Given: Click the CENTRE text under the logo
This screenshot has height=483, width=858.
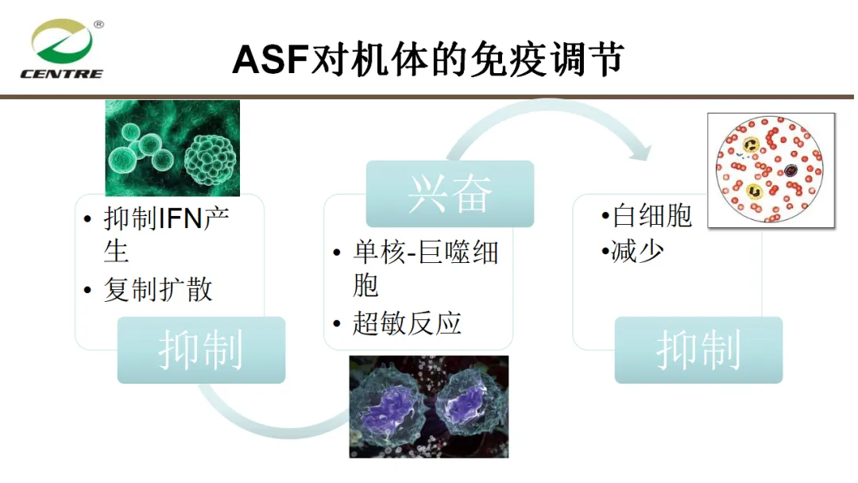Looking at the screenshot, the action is coord(61,74).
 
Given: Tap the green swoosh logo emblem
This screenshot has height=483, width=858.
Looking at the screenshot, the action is coord(61,41).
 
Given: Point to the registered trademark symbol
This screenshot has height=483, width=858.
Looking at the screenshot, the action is coord(99,24).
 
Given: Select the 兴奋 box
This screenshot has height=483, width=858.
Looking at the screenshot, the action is coord(450,194).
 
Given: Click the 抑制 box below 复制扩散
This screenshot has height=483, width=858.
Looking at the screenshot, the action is coord(201,350).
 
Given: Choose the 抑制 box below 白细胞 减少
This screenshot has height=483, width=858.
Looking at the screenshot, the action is coord(699,350).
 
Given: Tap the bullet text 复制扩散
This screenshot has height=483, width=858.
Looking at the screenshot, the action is coord(158,289).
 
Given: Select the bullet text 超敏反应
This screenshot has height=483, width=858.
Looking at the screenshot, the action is coord(407,323).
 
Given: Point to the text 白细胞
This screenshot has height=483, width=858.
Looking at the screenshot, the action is coord(652,215).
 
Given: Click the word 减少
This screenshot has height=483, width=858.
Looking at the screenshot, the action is coord(637,252).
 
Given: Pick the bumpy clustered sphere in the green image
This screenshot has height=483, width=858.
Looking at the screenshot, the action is coord(211,162).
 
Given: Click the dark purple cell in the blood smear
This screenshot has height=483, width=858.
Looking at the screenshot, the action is coord(790,171).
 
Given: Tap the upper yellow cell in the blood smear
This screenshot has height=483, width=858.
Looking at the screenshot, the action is coord(752,145).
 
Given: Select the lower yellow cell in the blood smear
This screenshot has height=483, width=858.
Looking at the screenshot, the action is coord(756,191).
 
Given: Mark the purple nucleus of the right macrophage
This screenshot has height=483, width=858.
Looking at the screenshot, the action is coord(467,403).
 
